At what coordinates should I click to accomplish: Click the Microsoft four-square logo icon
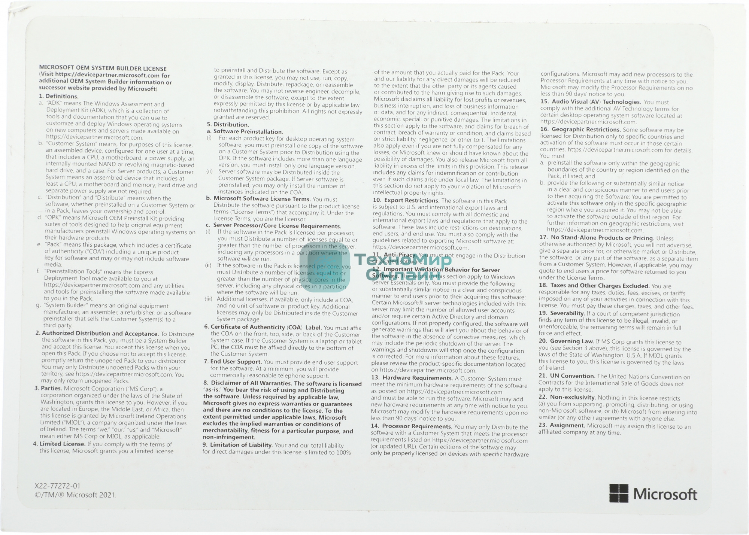coord(619,493)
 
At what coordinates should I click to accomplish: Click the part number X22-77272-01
coord(57,486)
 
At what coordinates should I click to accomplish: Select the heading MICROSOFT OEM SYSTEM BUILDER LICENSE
coord(103,69)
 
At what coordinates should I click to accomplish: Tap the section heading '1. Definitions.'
coord(59,96)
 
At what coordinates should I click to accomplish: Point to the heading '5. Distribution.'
coord(228,125)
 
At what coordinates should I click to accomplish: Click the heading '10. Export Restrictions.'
coord(406,201)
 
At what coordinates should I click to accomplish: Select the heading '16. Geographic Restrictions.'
coord(580,130)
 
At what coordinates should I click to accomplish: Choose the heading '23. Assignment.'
coord(562,426)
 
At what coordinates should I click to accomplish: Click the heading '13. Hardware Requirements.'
coord(412,378)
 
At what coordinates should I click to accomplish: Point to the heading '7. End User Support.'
coord(233,362)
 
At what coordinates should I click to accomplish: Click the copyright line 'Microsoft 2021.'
coord(75,495)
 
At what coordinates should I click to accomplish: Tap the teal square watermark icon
coord(325,267)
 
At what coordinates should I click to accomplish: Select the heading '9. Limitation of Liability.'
coord(238,445)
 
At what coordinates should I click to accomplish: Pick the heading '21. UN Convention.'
coord(567,376)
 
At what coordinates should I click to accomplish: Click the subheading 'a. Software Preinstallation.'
coord(245,132)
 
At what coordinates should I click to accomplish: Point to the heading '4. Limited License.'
coord(59,444)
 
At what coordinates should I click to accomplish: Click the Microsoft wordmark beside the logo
coord(665,494)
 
